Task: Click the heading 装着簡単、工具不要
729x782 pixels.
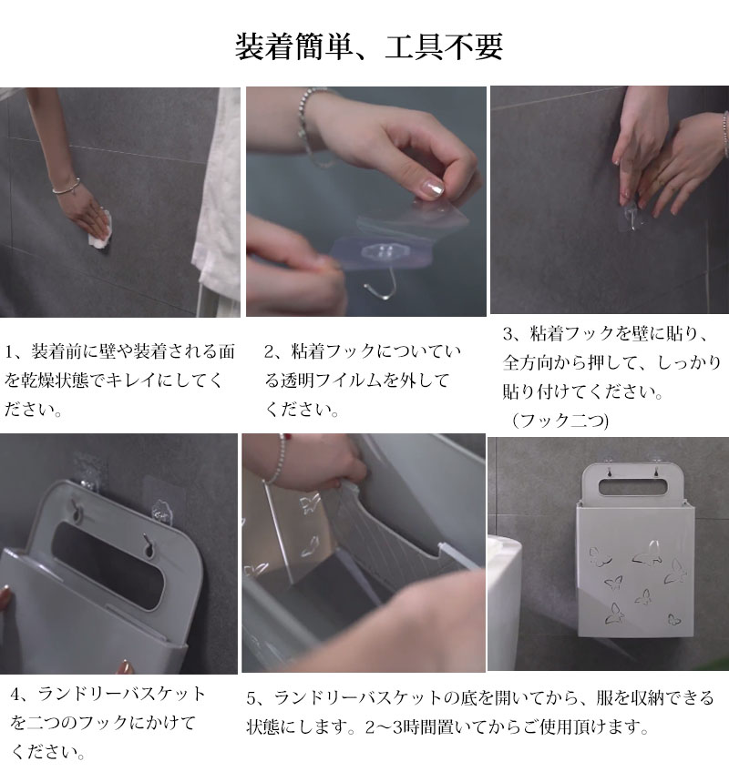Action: click(368, 46)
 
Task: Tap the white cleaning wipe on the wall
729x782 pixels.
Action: click(100, 230)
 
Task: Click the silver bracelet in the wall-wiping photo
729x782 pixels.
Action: click(67, 187)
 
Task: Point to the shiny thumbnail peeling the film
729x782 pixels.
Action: click(432, 188)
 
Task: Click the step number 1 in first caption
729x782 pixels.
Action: click(11, 352)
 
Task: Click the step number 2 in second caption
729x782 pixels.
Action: click(270, 352)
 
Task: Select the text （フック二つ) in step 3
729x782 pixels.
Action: click(560, 421)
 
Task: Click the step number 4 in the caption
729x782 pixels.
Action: click(16, 695)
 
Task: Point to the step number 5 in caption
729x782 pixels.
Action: click(252, 697)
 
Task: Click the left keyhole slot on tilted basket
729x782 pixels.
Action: click(77, 511)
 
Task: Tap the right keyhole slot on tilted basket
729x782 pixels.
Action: click(149, 546)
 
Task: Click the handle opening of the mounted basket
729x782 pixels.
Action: click(632, 487)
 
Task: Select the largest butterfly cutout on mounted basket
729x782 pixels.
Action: click(648, 553)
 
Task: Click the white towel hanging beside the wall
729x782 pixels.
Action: click(218, 199)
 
